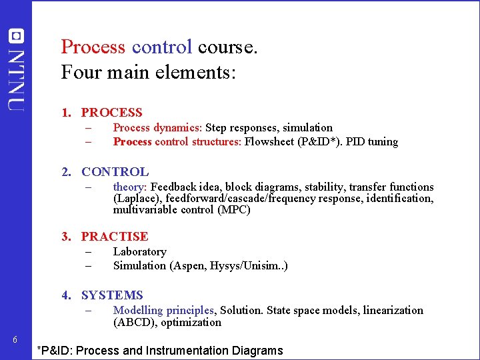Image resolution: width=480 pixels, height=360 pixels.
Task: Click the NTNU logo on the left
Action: tap(16, 68)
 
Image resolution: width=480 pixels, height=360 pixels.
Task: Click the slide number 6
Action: tap(16, 341)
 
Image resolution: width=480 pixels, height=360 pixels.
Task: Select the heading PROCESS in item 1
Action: tap(111, 113)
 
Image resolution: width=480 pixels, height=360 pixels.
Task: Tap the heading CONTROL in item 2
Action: tap(115, 172)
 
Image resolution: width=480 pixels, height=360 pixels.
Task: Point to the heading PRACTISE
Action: tap(115, 236)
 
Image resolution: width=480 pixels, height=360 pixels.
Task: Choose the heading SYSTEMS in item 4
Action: tap(112, 295)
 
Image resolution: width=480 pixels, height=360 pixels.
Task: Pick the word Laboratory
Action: tap(139, 251)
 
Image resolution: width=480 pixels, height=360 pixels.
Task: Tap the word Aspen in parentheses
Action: tap(190, 265)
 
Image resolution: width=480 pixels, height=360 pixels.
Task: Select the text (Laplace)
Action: tap(135, 198)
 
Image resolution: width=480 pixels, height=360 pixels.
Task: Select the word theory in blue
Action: tap(129, 187)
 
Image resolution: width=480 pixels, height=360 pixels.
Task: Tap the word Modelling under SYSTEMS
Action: tap(138, 310)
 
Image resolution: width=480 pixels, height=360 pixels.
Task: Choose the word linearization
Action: tap(393, 310)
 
